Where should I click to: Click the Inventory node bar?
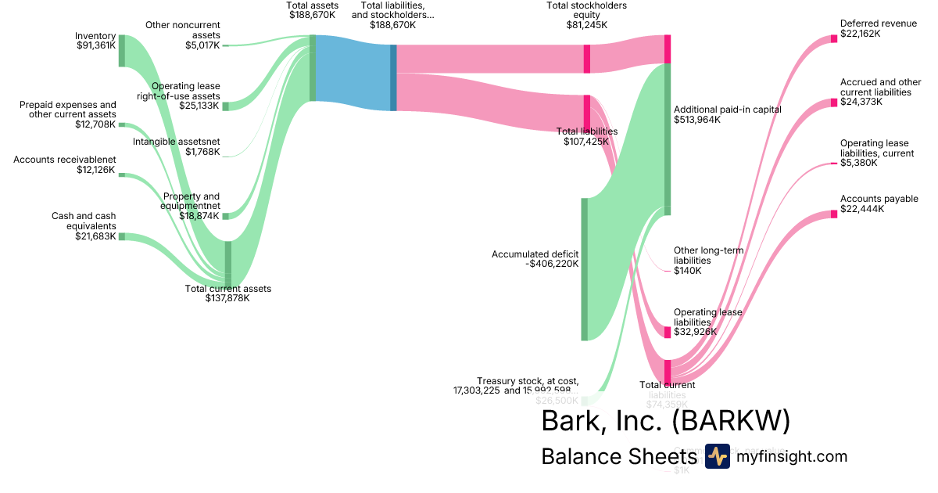click(x=121, y=50)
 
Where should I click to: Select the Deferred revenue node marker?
click(x=834, y=39)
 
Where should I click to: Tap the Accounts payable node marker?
click(x=834, y=214)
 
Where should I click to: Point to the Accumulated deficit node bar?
click(x=584, y=269)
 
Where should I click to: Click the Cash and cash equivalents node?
click(x=121, y=236)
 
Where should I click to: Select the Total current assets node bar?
click(x=228, y=264)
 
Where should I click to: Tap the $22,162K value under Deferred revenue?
click(x=861, y=34)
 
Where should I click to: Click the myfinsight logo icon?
click(x=717, y=456)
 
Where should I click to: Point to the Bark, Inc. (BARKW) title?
click(x=665, y=421)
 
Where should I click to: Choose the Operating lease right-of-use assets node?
click(x=225, y=106)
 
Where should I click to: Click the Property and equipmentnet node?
click(x=225, y=216)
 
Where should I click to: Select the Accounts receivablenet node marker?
click(x=121, y=175)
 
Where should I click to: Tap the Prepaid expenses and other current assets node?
click(x=121, y=124)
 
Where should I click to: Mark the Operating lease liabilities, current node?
click(x=834, y=164)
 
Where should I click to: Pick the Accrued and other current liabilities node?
click(x=834, y=103)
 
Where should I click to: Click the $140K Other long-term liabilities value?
click(x=688, y=271)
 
